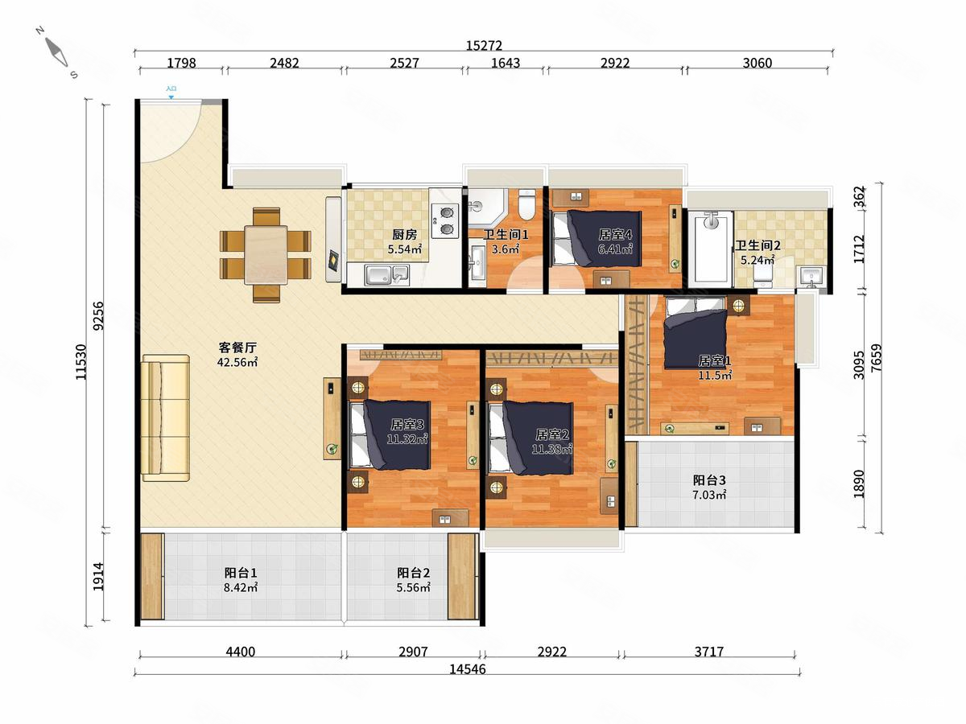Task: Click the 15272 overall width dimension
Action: (484, 45)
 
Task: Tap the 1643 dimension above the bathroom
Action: (506, 63)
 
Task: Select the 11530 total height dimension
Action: (81, 362)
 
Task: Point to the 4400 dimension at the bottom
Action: (240, 651)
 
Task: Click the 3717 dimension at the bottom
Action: (709, 651)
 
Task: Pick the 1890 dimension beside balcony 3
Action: (859, 484)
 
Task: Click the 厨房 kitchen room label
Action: (404, 235)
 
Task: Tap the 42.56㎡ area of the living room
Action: (237, 362)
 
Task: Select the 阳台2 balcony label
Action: (413, 573)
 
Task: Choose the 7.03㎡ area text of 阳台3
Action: (709, 495)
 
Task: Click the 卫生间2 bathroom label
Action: (758, 245)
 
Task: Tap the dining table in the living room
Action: (266, 255)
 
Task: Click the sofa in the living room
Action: (166, 418)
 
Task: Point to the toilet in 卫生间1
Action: (526, 204)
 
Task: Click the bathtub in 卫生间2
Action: (710, 249)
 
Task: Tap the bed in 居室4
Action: (597, 239)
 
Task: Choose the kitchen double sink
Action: (387, 275)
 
